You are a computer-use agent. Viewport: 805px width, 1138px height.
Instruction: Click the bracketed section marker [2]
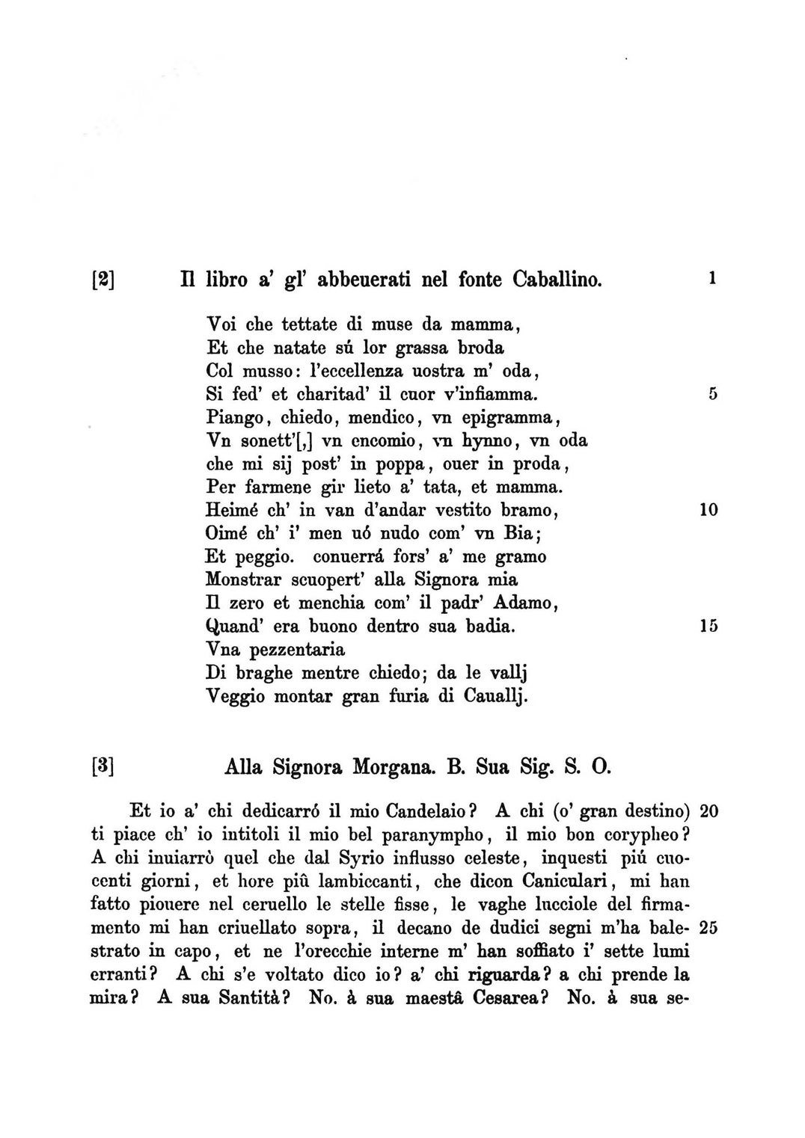[x=101, y=280]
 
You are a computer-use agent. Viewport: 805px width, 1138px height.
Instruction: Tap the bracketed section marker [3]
[x=101, y=766]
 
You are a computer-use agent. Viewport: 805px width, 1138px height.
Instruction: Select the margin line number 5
[x=712, y=393]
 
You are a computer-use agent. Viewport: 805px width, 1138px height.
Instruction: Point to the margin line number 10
[x=708, y=510]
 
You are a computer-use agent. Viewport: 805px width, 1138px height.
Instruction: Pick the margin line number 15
[x=708, y=627]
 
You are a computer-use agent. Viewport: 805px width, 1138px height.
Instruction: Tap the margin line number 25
[x=708, y=928]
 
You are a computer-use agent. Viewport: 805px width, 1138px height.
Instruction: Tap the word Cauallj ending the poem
[x=496, y=697]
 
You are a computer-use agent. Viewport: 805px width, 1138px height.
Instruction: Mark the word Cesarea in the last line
[x=512, y=998]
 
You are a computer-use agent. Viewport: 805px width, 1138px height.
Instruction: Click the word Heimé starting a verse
[x=227, y=510]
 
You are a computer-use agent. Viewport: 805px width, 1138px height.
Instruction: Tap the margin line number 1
[x=712, y=278]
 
